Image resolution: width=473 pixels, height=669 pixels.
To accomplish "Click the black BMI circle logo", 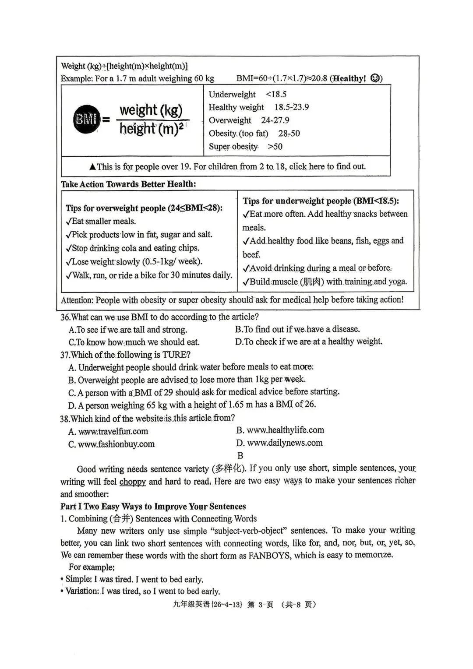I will point(86,119).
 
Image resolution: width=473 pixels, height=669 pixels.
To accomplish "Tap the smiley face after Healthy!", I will point(375,78).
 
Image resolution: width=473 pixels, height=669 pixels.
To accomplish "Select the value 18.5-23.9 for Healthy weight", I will point(291,107).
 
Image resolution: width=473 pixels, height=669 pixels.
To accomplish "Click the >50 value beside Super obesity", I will point(275,147).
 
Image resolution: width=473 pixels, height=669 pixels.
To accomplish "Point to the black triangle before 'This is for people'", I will point(92,167).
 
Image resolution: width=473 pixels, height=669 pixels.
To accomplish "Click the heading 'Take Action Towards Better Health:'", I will point(128,184).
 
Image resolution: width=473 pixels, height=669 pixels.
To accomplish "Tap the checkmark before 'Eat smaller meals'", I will point(68,222).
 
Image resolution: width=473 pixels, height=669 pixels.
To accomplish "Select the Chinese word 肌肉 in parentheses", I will point(311,282).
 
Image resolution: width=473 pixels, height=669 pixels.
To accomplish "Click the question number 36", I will point(65,317).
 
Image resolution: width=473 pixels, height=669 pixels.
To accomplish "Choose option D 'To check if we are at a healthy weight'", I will point(308,342).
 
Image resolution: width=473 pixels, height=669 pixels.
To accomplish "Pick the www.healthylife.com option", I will point(285,430).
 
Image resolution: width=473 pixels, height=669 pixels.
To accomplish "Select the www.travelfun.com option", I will point(113,432).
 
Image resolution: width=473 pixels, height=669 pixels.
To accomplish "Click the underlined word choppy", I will point(132,482).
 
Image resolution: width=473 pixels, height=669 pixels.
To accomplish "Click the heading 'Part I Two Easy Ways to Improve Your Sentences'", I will point(153,507).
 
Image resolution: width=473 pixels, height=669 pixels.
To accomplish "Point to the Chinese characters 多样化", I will point(228,468).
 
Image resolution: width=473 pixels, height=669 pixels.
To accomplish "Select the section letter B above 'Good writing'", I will point(240,455).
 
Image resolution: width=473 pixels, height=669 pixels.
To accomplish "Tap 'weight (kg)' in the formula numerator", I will point(151,110).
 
